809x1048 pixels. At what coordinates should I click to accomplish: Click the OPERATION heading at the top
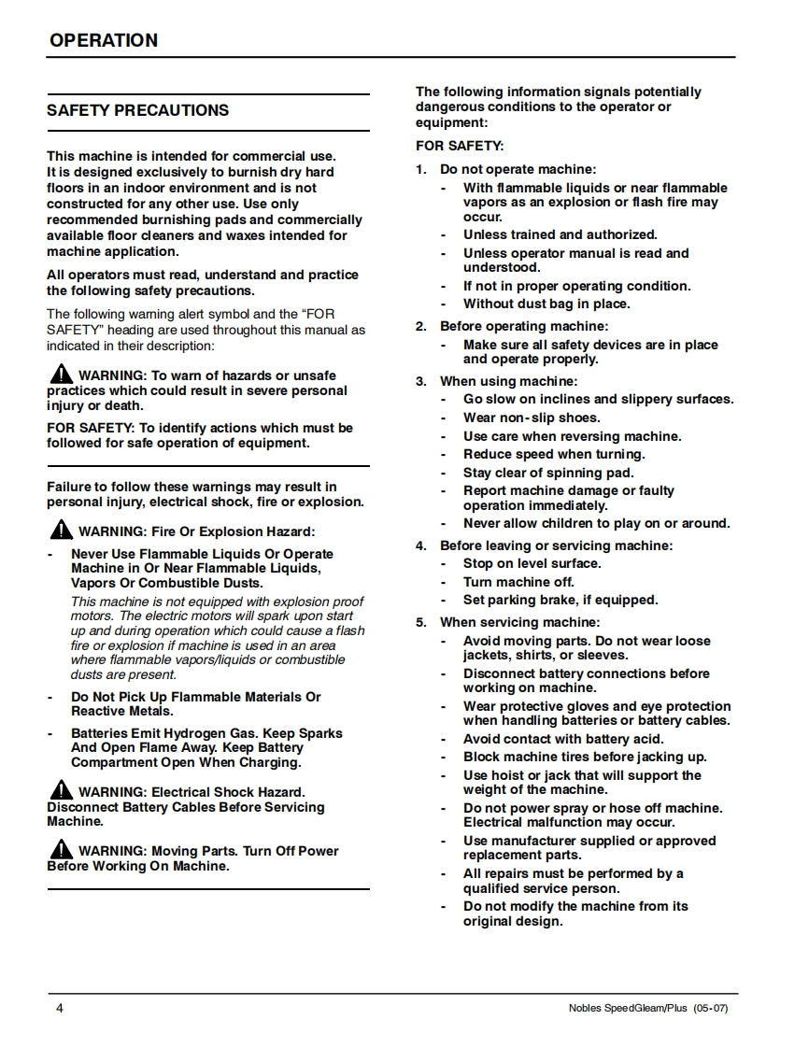pyautogui.click(x=104, y=40)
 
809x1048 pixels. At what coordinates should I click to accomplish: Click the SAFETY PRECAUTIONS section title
pyautogui.click(x=137, y=110)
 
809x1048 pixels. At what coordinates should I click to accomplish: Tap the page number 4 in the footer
pyautogui.click(x=60, y=1009)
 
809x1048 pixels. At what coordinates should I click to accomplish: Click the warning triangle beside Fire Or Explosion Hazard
pyautogui.click(x=61, y=531)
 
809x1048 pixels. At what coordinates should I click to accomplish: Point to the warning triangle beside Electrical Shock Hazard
pyautogui.click(x=61, y=790)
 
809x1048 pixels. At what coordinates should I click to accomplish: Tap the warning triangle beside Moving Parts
pyautogui.click(x=61, y=849)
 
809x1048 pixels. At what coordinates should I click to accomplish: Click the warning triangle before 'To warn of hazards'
pyautogui.click(x=61, y=375)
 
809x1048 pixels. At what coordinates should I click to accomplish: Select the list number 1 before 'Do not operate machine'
pyautogui.click(x=421, y=169)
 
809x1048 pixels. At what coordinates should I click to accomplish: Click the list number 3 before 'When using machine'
pyautogui.click(x=421, y=381)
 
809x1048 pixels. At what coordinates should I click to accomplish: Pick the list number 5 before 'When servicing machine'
pyautogui.click(x=421, y=622)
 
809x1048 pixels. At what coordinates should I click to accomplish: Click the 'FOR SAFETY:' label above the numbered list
pyautogui.click(x=460, y=146)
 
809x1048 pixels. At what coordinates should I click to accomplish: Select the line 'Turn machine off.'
pyautogui.click(x=518, y=582)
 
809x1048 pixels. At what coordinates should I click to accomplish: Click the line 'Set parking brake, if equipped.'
pyautogui.click(x=561, y=600)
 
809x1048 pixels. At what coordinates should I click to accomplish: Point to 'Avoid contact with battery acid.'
pyautogui.click(x=563, y=739)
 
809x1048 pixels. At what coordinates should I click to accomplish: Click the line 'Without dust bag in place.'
pyautogui.click(x=546, y=304)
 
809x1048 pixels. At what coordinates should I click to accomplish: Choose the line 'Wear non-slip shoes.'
pyautogui.click(x=532, y=418)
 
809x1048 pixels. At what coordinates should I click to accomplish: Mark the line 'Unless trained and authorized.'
pyautogui.click(x=560, y=234)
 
